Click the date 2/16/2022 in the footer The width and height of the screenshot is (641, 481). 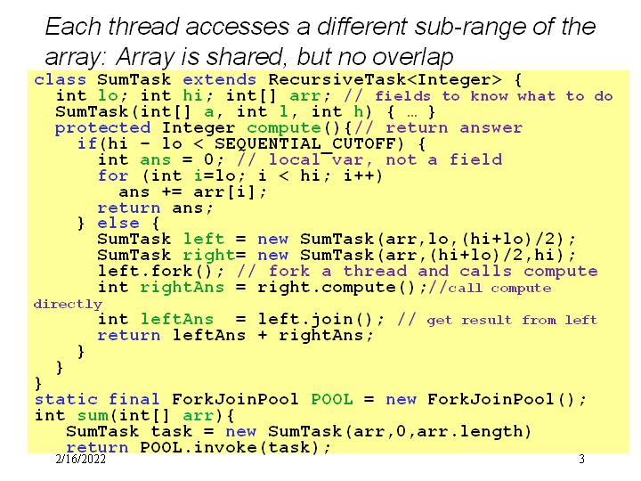80,460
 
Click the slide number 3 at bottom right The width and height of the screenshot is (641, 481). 581,460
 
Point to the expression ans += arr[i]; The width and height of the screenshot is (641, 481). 193,192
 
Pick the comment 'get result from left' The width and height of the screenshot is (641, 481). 512,320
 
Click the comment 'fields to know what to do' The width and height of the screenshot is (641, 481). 494,96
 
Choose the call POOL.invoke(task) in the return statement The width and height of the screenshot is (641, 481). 236,447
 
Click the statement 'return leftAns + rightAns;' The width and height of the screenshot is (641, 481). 236,335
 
